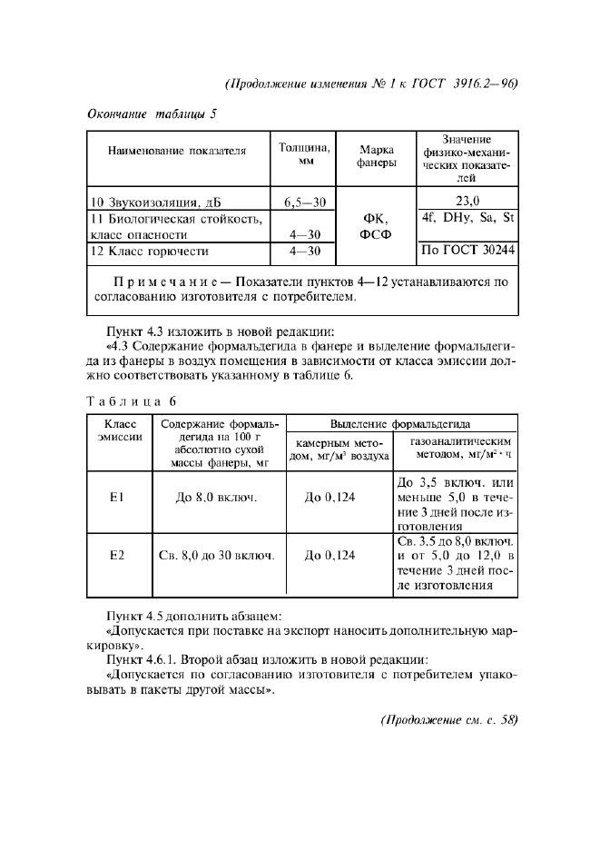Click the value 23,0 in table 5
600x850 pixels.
pos(467,202)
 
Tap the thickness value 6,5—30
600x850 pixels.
pos(303,202)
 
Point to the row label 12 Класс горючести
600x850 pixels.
pos(149,251)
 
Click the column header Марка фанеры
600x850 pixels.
pos(375,155)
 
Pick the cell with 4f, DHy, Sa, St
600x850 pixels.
pos(467,218)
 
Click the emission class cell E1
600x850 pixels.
pos(116,499)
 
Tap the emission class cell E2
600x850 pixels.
pos(116,553)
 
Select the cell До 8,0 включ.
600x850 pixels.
pos(216,499)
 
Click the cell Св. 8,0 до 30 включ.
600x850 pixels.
pos(216,553)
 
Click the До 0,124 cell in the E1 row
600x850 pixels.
pos(337,499)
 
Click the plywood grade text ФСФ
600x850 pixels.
pos(375,234)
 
